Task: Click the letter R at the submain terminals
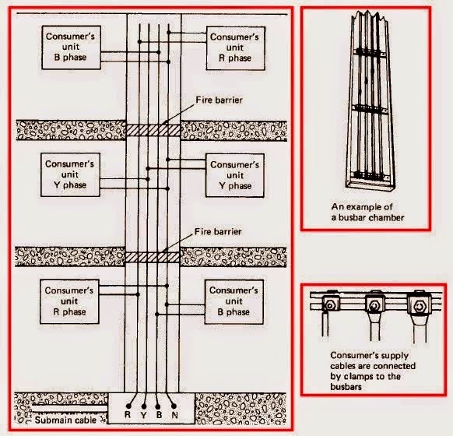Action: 128,414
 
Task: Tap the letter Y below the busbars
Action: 143,415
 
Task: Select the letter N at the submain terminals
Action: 174,415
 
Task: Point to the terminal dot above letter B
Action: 158,406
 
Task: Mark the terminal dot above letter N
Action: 174,406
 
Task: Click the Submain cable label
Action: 65,420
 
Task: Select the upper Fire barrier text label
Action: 219,100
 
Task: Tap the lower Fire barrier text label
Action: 218,231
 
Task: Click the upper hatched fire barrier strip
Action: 153,130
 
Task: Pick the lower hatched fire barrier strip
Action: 153,257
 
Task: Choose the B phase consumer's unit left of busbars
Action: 71,47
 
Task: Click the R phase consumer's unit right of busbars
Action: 236,48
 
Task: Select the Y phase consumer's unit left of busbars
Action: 70,175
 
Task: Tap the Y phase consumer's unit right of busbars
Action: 234,175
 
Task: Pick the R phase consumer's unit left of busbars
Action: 69,301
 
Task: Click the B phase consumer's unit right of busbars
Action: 234,301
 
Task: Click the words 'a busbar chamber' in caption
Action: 367,217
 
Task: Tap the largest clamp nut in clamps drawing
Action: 419,306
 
